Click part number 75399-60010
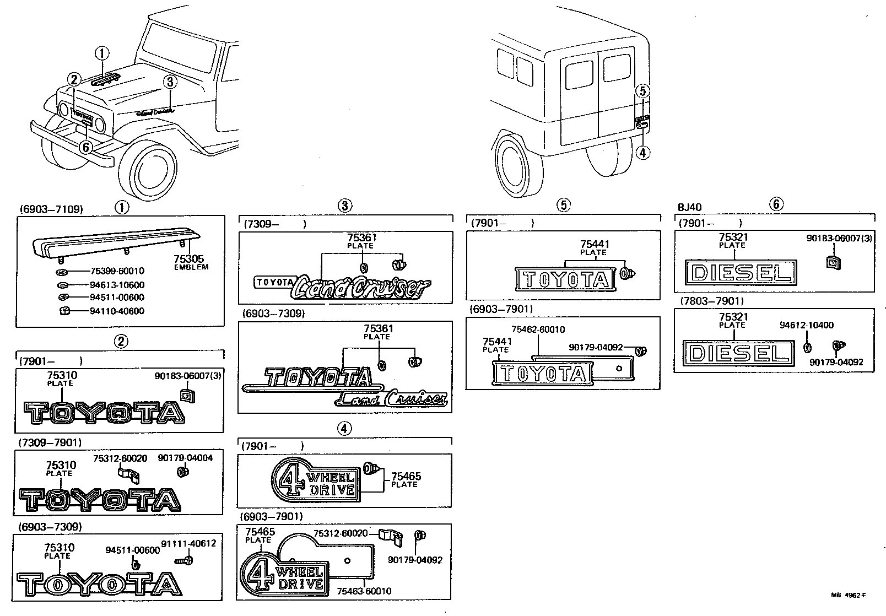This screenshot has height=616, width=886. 117,271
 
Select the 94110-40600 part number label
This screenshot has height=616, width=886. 117,311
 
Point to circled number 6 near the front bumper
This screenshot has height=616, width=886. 85,147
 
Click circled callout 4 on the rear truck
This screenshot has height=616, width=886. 643,153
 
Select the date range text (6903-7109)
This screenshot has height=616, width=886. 51,209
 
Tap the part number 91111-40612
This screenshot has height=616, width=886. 188,543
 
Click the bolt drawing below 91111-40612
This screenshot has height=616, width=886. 181,560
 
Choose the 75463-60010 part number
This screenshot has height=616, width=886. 364,591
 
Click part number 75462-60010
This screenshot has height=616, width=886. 538,329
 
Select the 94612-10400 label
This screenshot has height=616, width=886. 806,326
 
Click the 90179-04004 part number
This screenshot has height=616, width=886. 185,458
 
